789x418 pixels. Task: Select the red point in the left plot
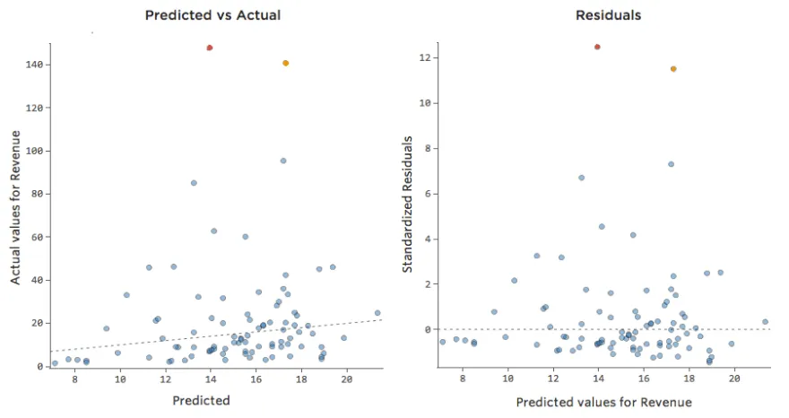pyautogui.click(x=209, y=48)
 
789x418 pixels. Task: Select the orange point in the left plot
pyautogui.click(x=285, y=63)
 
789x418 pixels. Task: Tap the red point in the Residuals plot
pyautogui.click(x=597, y=47)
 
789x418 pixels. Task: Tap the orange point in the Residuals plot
pyautogui.click(x=673, y=69)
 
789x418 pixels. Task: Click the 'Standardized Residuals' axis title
pyautogui.click(x=407, y=205)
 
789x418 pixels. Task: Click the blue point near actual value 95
pyautogui.click(x=283, y=161)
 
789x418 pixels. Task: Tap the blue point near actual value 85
pyautogui.click(x=194, y=182)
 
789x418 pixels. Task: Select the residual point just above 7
pyautogui.click(x=671, y=164)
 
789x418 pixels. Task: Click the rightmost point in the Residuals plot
pyautogui.click(x=765, y=321)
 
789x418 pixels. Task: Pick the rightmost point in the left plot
pyautogui.click(x=377, y=313)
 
